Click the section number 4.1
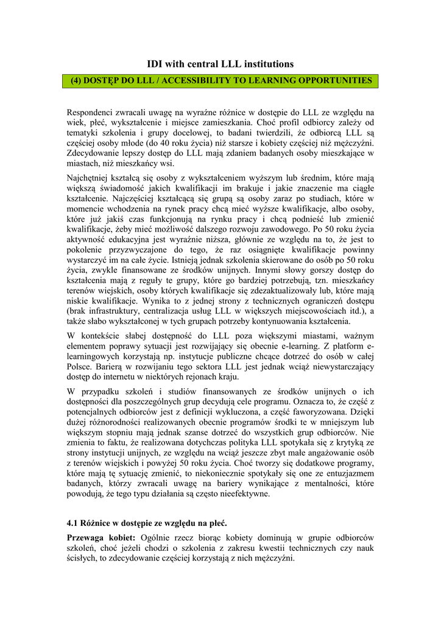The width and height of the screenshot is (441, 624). click(x=74, y=523)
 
